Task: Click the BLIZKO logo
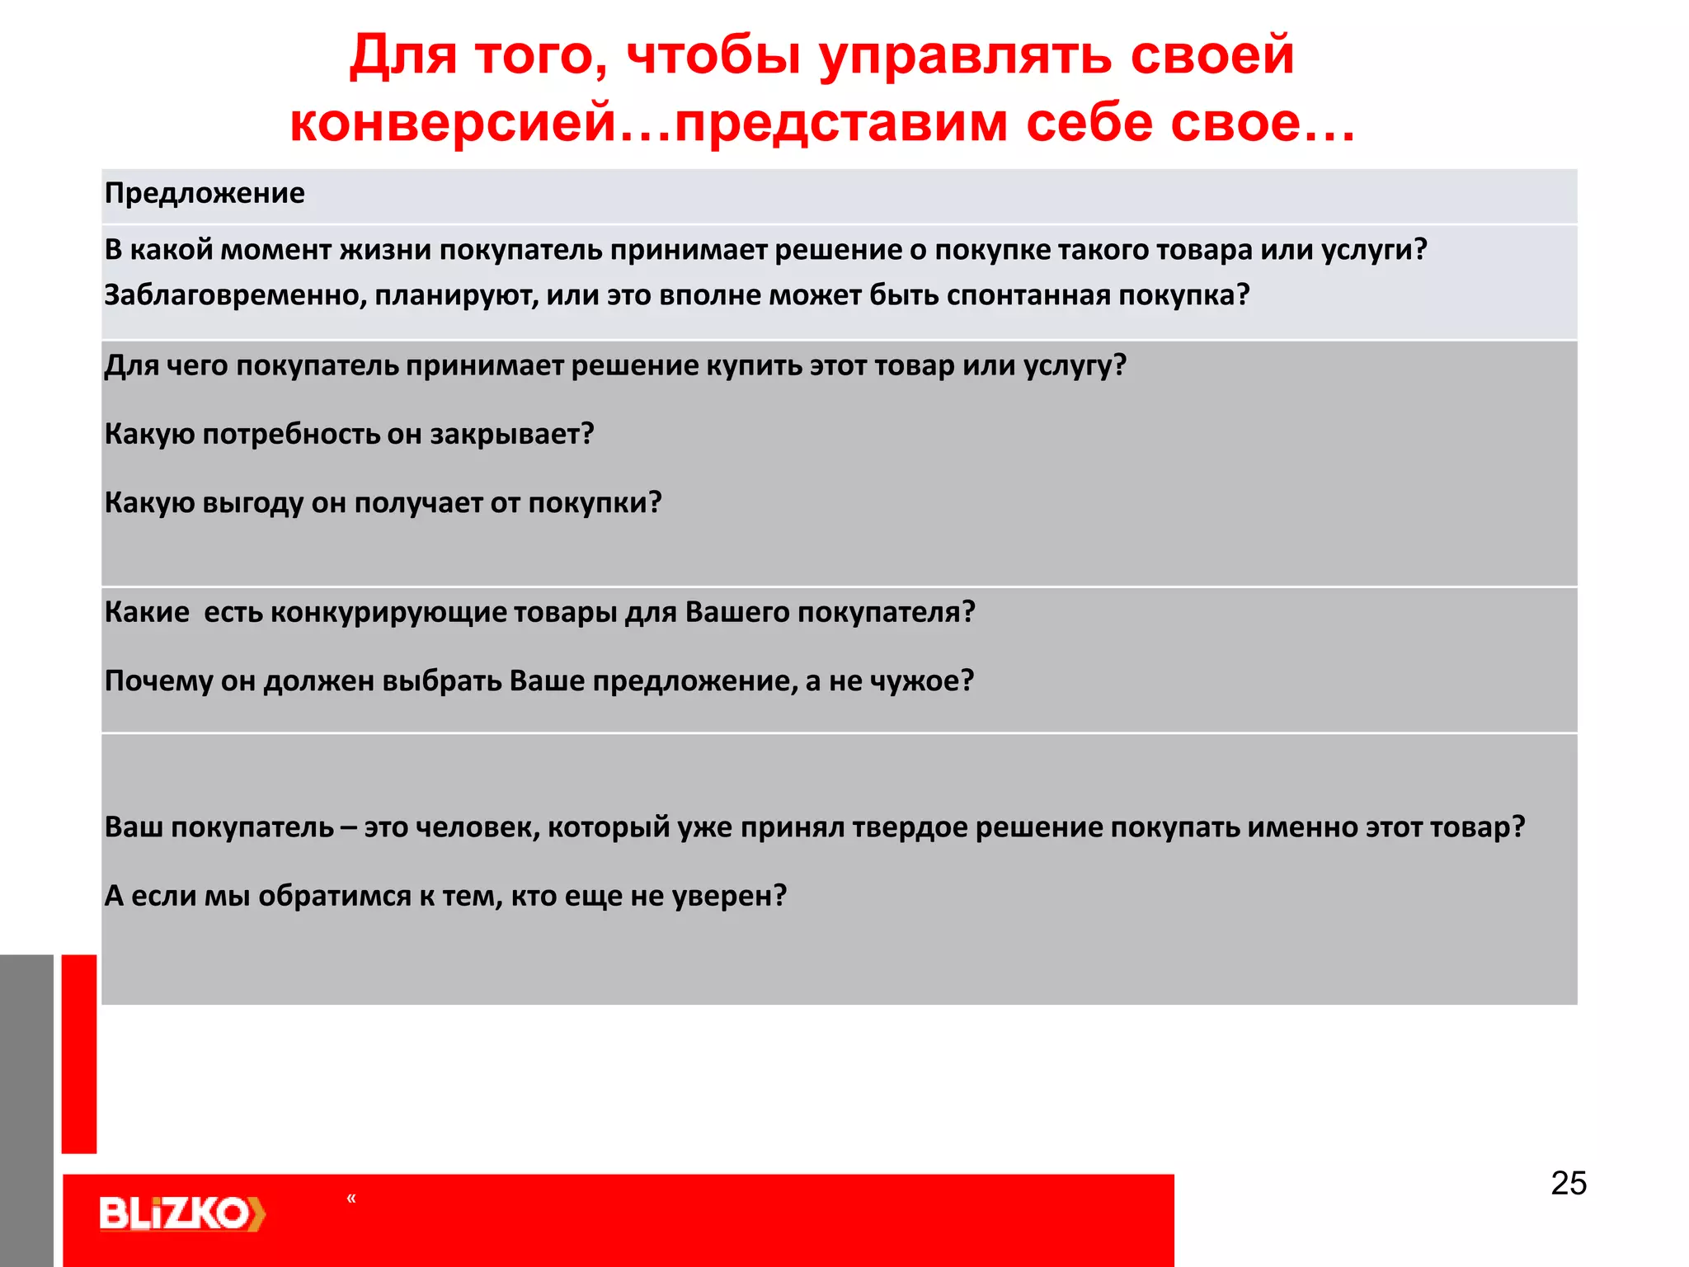[182, 1213]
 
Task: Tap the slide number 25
[1569, 1183]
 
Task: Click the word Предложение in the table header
[205, 193]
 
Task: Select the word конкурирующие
[388, 612]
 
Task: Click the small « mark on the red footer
[351, 1199]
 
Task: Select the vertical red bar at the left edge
[79, 1053]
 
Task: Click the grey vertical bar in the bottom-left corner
[26, 1109]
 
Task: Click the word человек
[478, 827]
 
